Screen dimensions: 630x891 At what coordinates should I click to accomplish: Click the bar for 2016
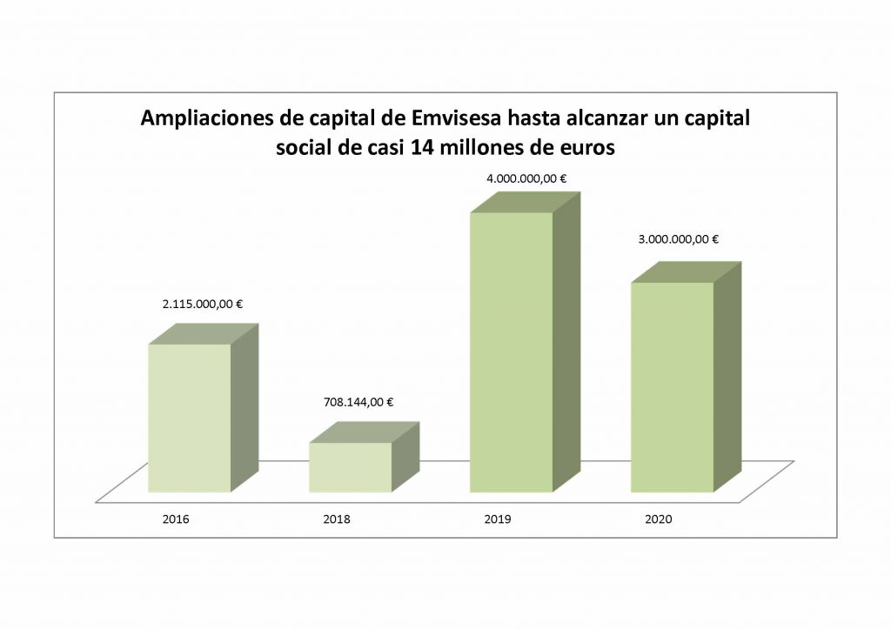click(x=190, y=418)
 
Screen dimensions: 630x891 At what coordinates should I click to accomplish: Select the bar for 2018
click(x=350, y=467)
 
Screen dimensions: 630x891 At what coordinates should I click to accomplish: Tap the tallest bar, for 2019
click(x=511, y=352)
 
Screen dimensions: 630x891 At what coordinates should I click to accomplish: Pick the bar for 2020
click(x=672, y=387)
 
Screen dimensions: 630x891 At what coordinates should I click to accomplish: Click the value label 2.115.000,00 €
click(x=202, y=305)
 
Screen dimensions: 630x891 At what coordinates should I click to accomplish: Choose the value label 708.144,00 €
click(x=353, y=402)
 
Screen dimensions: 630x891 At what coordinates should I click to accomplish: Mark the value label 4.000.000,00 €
click(x=526, y=178)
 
